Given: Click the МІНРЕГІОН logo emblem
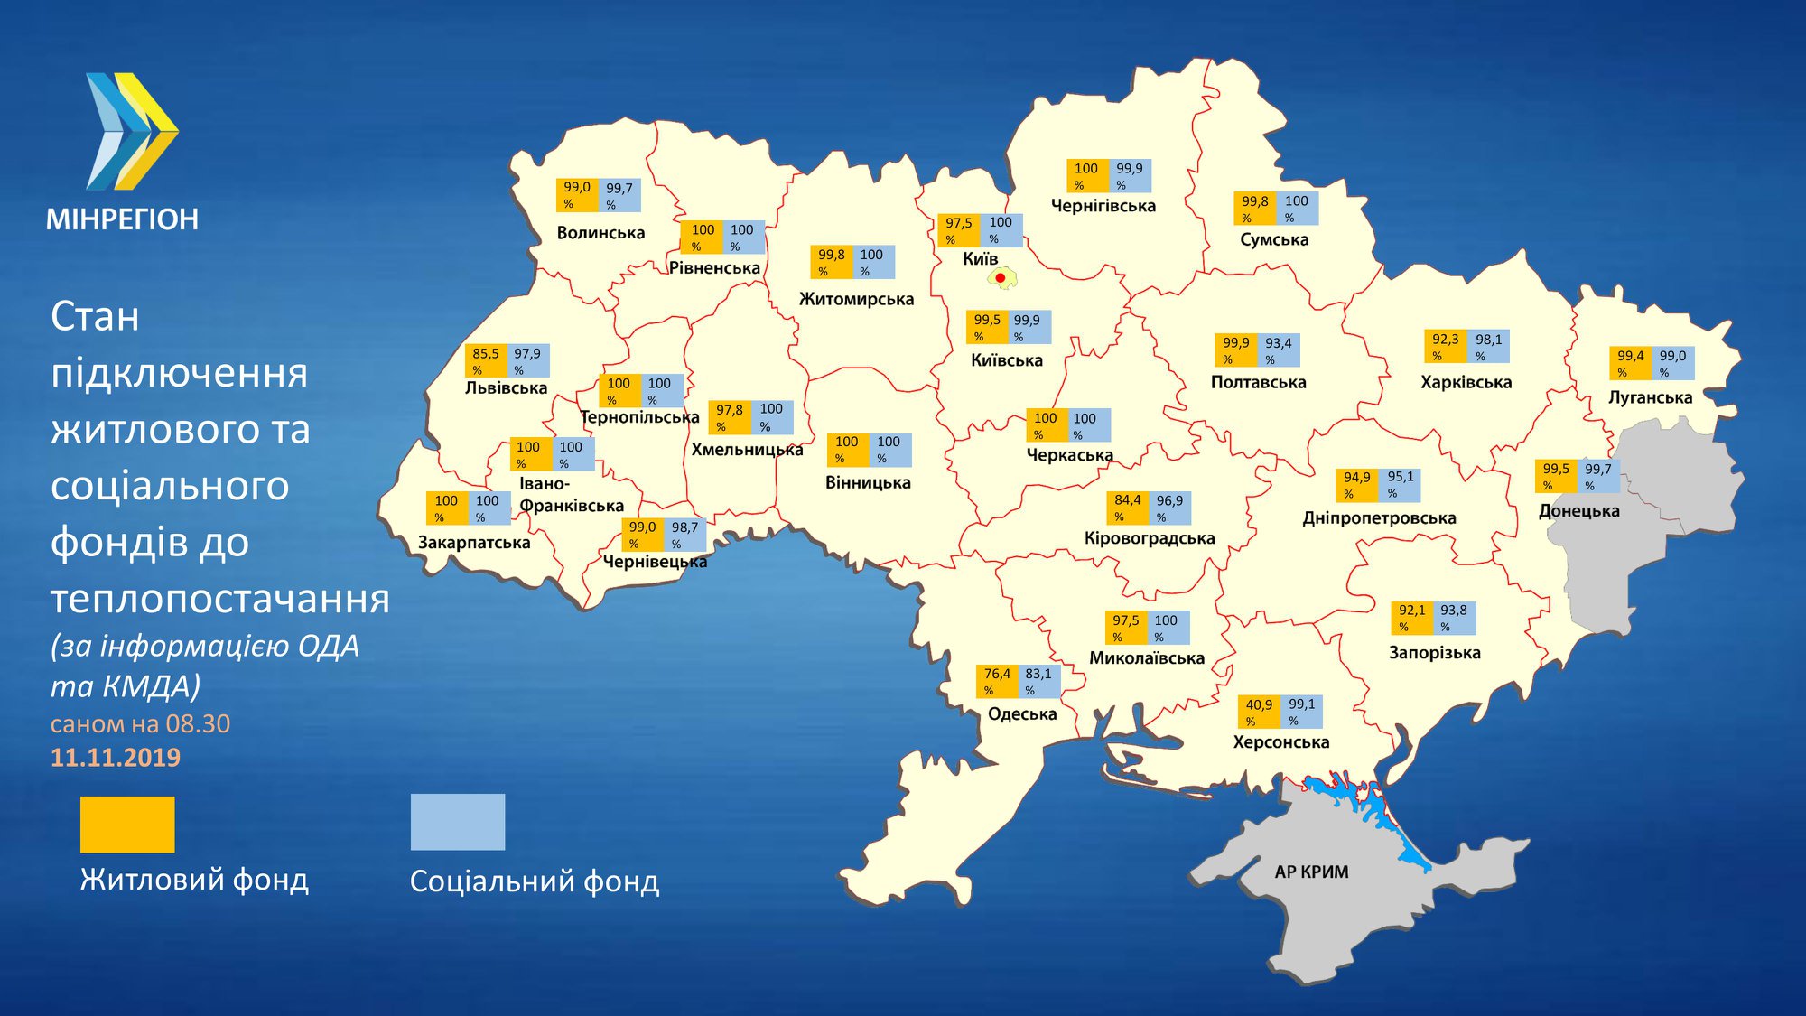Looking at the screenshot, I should click(132, 132).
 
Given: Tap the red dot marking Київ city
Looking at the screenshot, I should click(1001, 277).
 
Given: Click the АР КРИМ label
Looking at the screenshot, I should click(1311, 872).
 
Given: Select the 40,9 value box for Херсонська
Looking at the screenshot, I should click(1259, 712).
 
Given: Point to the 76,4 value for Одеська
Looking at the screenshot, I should click(997, 681).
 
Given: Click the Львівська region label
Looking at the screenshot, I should click(506, 388).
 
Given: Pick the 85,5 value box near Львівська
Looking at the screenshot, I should click(486, 360).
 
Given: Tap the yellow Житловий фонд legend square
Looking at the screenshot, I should click(127, 824).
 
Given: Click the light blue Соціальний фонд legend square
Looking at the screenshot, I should click(458, 822).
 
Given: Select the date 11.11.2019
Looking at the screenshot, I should click(116, 758).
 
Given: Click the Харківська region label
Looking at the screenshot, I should click(1466, 382).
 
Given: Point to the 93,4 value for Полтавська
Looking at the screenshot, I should click(1278, 350).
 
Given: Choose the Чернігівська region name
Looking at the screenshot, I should click(1103, 206).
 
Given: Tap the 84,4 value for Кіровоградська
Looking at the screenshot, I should click(1127, 507).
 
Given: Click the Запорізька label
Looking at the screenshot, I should click(1434, 652).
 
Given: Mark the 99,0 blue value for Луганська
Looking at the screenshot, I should click(1672, 362).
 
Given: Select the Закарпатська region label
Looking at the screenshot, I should click(474, 543).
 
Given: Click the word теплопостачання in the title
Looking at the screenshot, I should click(220, 599).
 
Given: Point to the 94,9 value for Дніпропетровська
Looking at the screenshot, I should click(1356, 484).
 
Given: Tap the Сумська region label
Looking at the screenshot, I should click(1274, 239).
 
